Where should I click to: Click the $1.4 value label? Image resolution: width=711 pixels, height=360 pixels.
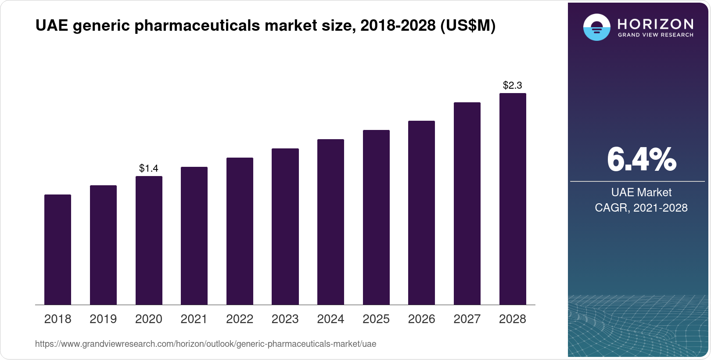point(149,168)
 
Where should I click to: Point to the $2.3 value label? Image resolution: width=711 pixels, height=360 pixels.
point(513,85)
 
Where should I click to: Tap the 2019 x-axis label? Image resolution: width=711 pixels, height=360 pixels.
point(103,319)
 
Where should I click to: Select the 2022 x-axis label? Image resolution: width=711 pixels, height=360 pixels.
point(240,319)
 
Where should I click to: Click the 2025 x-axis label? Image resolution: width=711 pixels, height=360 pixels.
point(376,319)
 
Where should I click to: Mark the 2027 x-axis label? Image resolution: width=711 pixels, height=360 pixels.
point(467,319)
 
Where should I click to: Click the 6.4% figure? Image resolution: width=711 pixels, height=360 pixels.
point(641,159)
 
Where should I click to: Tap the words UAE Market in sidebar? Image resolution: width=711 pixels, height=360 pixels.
point(641,192)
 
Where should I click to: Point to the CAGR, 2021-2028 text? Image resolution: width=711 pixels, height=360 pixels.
point(641,208)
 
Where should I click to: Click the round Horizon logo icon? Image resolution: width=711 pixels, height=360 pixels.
point(596,27)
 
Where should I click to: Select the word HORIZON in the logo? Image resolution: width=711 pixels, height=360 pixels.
point(655,24)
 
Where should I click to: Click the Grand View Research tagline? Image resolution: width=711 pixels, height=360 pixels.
point(655,35)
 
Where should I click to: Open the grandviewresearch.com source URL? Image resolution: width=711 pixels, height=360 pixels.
point(205,344)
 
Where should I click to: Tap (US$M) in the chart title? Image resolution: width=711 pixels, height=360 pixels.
point(468,26)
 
